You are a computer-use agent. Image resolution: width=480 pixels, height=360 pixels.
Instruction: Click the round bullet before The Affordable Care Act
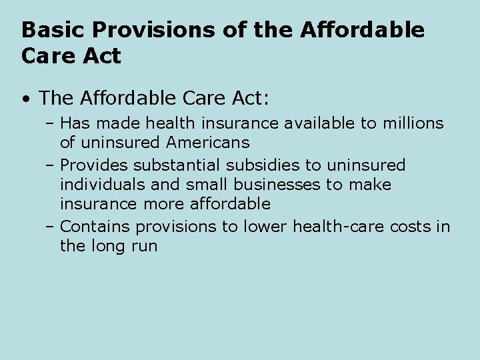(x=25, y=99)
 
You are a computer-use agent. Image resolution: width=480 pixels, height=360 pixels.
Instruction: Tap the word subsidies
(x=265, y=165)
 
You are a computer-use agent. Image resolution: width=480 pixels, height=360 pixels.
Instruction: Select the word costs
(x=407, y=227)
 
